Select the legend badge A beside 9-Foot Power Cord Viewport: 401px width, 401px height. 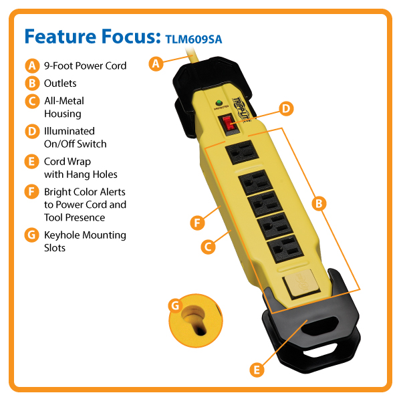31,65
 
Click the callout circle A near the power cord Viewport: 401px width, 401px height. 155,64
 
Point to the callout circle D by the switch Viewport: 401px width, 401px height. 285,108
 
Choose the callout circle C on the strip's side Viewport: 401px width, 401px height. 208,246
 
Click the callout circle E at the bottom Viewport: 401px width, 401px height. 256,368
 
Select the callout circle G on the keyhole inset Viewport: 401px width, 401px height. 175,305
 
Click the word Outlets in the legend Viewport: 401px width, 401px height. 60,84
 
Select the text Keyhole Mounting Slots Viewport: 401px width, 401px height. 85,241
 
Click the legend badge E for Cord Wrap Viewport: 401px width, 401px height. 31,162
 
